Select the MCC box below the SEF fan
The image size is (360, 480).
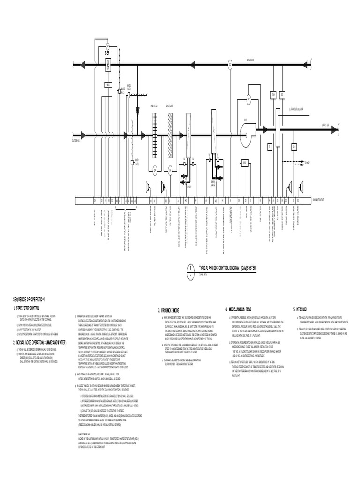(x=108, y=85)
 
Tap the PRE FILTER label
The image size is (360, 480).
(x=154, y=106)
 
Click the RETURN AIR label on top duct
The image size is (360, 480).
(x=250, y=60)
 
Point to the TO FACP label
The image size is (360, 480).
(x=307, y=163)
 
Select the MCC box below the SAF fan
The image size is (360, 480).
(x=245, y=163)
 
